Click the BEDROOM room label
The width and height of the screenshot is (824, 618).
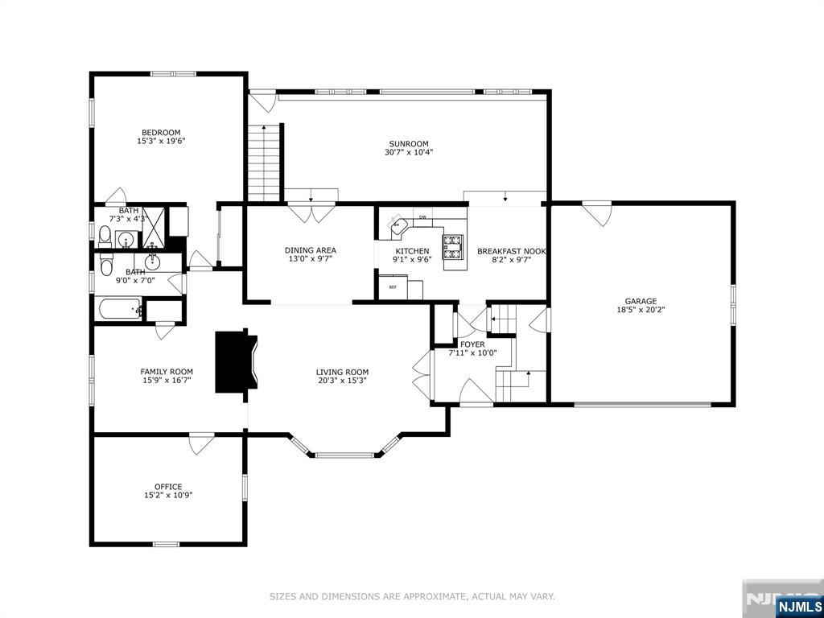pyautogui.click(x=161, y=133)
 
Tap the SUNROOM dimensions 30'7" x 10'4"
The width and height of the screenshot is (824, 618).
pyautogui.click(x=408, y=152)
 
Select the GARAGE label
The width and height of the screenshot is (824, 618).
pyautogui.click(x=641, y=301)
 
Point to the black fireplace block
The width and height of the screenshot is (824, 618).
pyautogui.click(x=236, y=361)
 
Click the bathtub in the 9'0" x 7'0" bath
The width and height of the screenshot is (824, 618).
pyautogui.click(x=120, y=309)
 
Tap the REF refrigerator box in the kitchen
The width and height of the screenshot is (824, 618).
pyautogui.click(x=393, y=287)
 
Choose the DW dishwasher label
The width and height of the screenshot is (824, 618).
pyautogui.click(x=422, y=217)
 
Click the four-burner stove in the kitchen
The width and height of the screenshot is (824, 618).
pyautogui.click(x=452, y=248)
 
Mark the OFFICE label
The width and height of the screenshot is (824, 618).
pyautogui.click(x=168, y=487)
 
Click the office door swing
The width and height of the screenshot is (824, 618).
pyautogui.click(x=201, y=443)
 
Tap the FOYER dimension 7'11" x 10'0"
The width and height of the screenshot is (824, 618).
pyautogui.click(x=472, y=353)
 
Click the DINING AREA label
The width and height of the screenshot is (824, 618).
pyautogui.click(x=310, y=250)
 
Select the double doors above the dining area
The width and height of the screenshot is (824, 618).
pyautogui.click(x=311, y=212)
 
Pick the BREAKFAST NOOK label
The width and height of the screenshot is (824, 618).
pyautogui.click(x=511, y=251)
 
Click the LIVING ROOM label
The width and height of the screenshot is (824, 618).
pyautogui.click(x=341, y=372)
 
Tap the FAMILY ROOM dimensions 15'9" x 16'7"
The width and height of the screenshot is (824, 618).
pyautogui.click(x=166, y=380)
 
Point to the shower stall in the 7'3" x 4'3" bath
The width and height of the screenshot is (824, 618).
pyautogui.click(x=154, y=228)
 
